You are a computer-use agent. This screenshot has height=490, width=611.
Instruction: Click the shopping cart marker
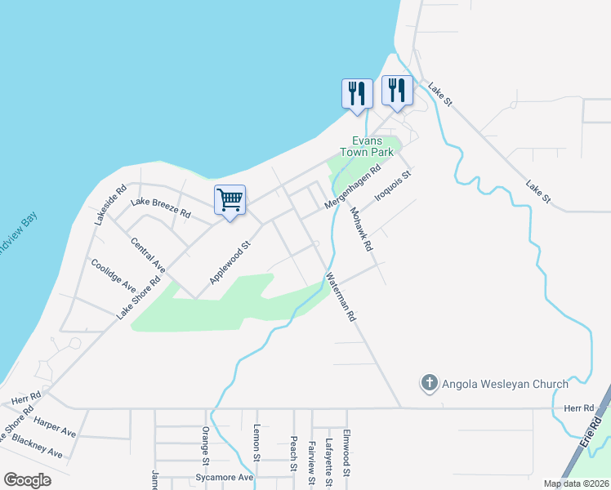pos(230,199)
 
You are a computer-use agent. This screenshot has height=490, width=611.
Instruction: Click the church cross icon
pos(429,382)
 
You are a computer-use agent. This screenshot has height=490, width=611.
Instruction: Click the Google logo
pos(27,480)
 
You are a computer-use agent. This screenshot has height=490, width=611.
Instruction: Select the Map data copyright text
pos(575,483)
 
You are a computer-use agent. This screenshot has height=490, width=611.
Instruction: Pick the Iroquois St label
pos(393,186)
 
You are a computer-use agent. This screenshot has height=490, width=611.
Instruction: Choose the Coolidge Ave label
pos(114,275)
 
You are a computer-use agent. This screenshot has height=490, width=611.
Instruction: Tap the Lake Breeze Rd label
pos(161,207)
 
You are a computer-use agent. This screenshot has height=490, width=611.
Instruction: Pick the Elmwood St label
pos(346,454)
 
